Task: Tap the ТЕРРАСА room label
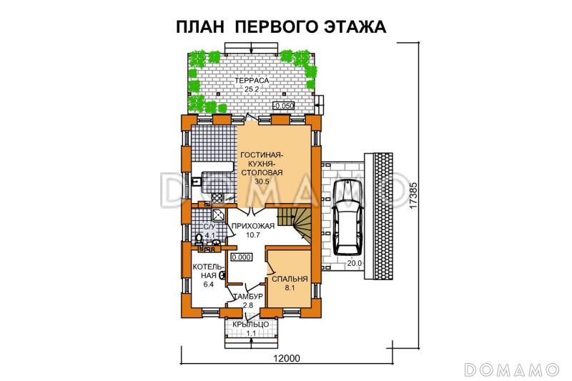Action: point(252,81)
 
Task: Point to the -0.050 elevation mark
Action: point(285,106)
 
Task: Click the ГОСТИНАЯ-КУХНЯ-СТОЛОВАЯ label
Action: point(262,164)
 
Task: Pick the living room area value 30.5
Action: point(262,182)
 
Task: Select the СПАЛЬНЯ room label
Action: point(290,279)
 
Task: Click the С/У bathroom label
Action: point(209,226)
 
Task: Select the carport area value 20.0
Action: point(355,263)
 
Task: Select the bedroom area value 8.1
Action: point(290,288)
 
